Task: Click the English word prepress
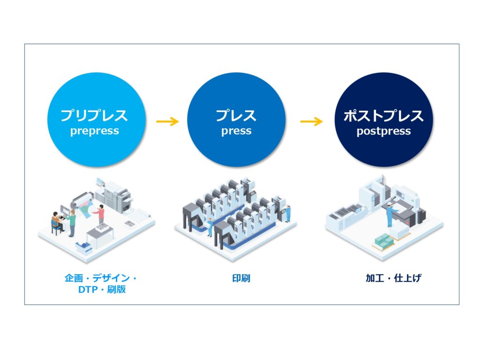pos(95,131)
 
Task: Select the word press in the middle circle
pos(236,131)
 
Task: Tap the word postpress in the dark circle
pos(383,131)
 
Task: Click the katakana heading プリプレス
pos(94,115)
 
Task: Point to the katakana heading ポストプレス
pos(383,115)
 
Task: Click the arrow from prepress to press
pos(167,121)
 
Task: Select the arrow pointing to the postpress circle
pos(311,121)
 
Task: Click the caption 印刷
pos(241,278)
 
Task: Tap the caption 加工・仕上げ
pos(394,278)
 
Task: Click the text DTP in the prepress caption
pos(88,290)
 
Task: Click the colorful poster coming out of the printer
pos(85,209)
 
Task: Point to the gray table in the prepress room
pos(100,235)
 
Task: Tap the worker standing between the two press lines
pos(210,227)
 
